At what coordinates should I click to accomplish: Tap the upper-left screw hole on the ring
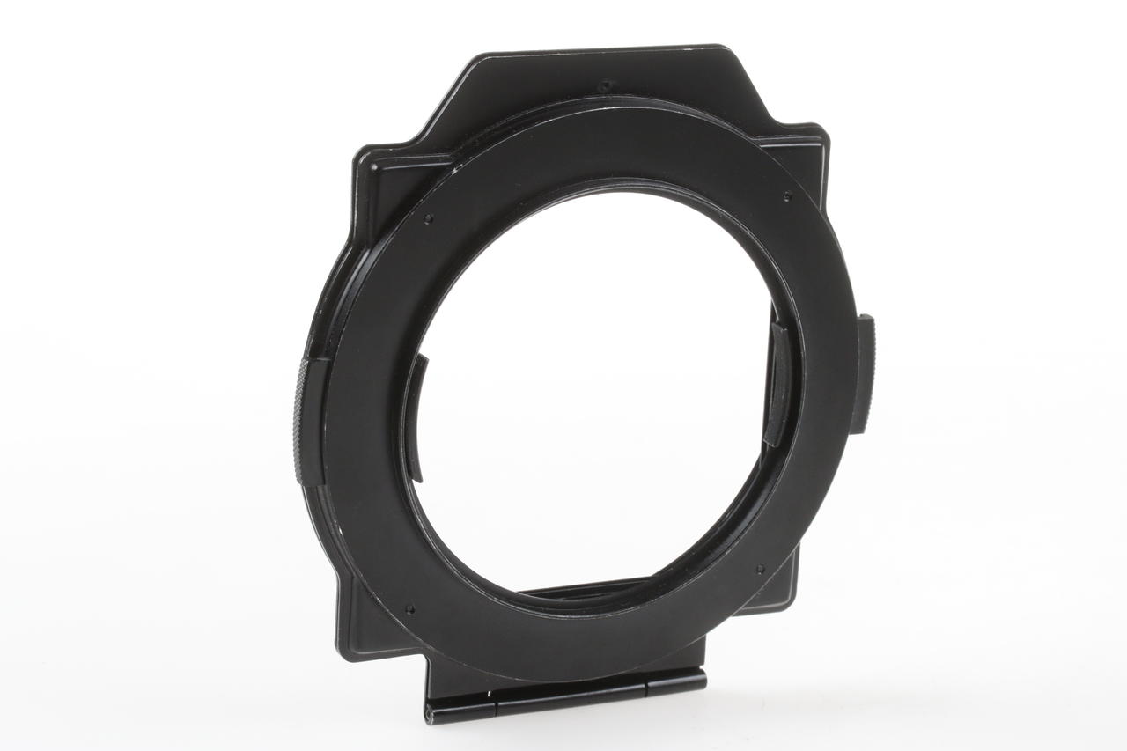point(428,218)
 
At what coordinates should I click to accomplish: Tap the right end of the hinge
point(702,678)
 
